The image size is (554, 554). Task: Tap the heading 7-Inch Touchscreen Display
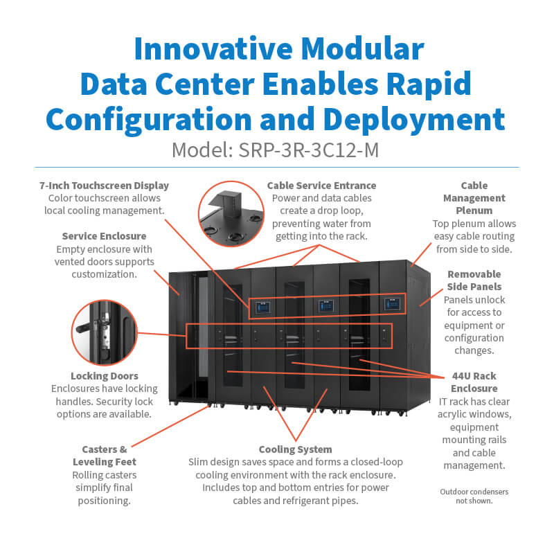click(105, 186)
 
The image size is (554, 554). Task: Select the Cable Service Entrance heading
click(321, 186)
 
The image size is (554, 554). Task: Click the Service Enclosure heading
click(104, 236)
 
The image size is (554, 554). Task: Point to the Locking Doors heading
click(104, 376)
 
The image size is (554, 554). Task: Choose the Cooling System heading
click(295, 449)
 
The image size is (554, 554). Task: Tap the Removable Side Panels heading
click(474, 280)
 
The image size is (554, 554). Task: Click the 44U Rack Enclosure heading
click(474, 382)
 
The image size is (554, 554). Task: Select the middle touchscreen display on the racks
click(325, 305)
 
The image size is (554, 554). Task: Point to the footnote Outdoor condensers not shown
click(474, 496)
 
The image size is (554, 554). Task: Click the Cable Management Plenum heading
click(474, 198)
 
